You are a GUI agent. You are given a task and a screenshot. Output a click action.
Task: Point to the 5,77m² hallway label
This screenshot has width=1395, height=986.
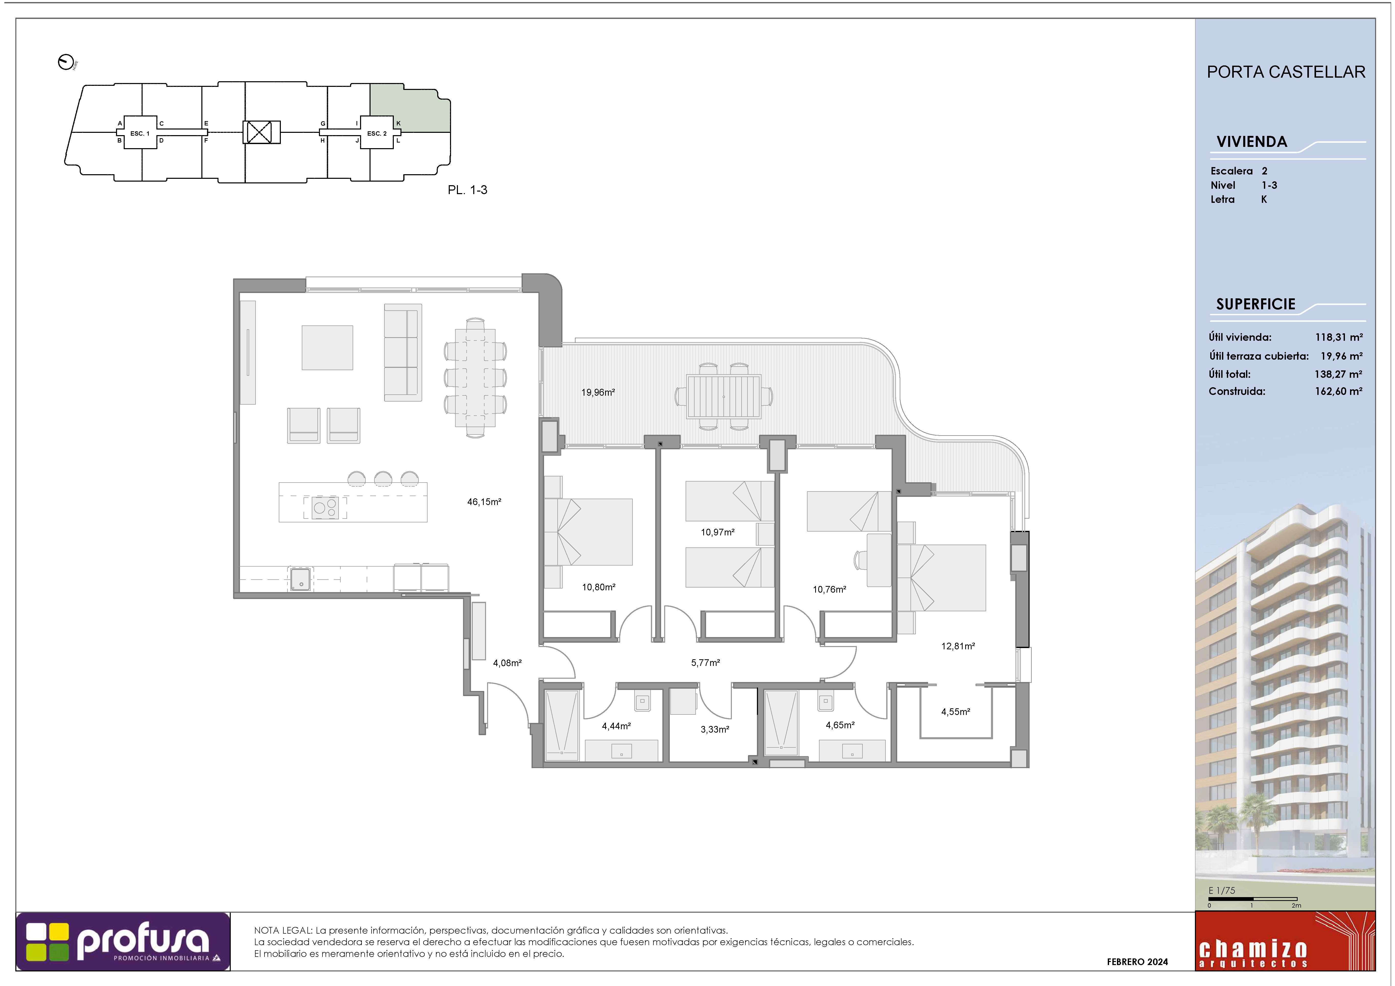click(x=705, y=663)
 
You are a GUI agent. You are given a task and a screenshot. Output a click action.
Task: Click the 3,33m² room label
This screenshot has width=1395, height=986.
click(x=714, y=729)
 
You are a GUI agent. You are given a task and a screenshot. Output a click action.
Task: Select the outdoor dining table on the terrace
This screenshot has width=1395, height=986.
click(x=724, y=397)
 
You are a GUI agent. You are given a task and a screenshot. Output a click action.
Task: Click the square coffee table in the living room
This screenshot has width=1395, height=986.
click(x=328, y=347)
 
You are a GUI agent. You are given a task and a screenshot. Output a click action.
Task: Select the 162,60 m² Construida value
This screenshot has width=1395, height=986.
click(x=1339, y=391)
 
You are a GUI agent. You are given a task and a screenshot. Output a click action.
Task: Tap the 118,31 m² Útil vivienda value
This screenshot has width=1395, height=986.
click(x=1339, y=337)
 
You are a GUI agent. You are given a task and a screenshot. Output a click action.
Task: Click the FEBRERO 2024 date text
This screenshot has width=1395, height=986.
click(x=1137, y=962)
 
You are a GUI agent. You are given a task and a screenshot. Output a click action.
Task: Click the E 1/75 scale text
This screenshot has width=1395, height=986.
click(x=1222, y=891)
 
